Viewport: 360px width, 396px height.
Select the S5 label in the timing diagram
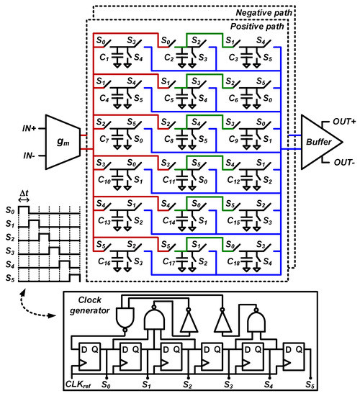[x=9, y=276]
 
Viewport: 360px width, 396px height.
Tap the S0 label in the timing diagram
[x=9, y=209]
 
